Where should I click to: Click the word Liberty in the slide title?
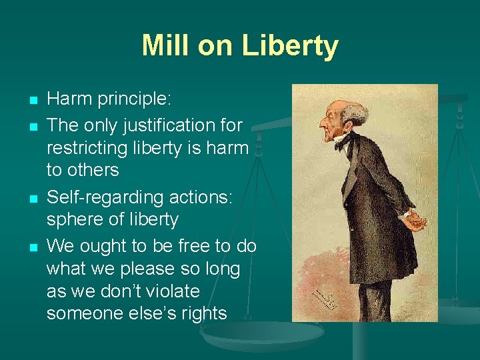coord(291,46)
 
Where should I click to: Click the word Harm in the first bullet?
coord(69,99)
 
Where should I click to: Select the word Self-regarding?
coord(99,197)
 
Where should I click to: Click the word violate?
coord(168,291)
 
